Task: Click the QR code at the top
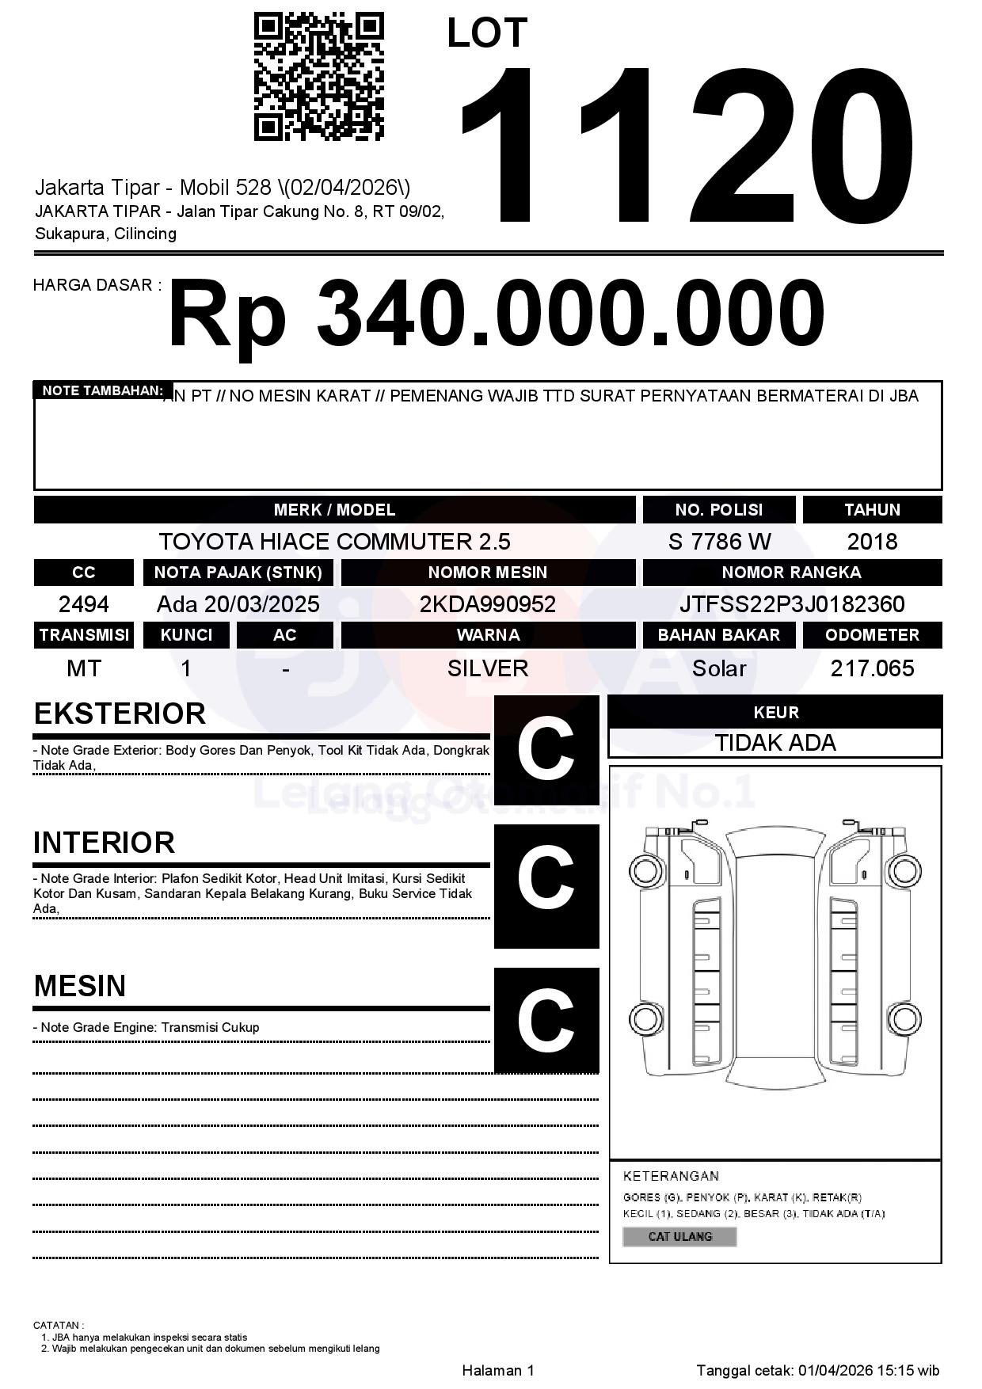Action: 319,77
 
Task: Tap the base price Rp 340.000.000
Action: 496,314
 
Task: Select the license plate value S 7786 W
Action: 719,542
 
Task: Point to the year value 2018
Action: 872,542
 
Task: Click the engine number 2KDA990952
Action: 488,605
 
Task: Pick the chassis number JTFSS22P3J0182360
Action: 792,605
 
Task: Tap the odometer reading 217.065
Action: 872,669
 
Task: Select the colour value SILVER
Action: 488,669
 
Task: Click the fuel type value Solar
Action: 719,669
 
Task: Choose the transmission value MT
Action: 84,669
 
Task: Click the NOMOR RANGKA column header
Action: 792,573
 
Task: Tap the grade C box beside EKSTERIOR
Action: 546,748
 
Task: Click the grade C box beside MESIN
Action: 546,1020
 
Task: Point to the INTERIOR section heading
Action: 105,843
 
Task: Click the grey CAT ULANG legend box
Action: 679,1236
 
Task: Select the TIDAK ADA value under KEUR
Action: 775,743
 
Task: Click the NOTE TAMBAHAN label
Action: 102,390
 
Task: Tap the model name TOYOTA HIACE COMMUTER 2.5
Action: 334,542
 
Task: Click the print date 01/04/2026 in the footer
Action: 835,1370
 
